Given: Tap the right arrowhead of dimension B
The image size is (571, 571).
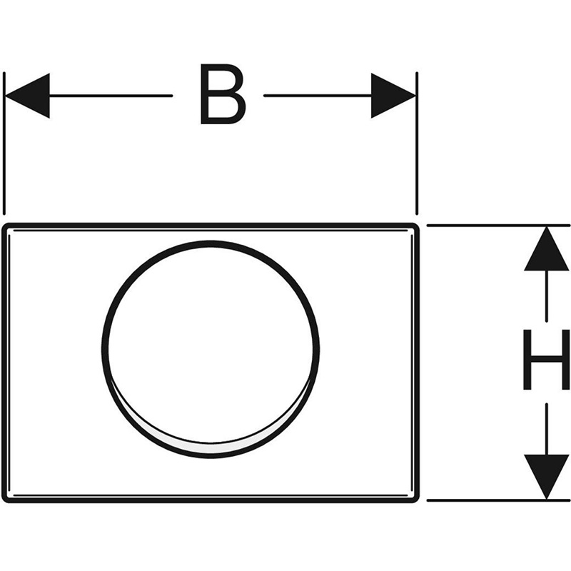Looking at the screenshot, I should [x=393, y=96].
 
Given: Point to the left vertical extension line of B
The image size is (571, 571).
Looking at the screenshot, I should [x=4, y=143].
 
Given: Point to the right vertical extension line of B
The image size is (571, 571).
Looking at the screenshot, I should [x=416, y=143].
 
